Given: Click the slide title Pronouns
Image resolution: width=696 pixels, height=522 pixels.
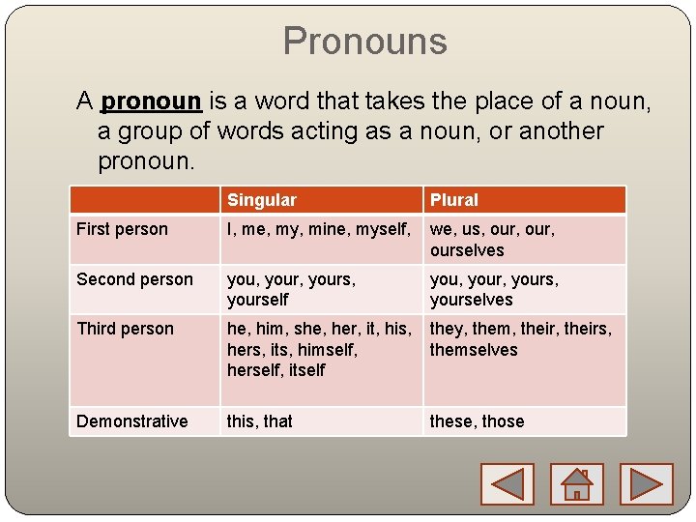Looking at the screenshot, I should [364, 42].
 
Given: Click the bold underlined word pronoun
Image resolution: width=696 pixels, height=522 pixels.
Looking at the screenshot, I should [151, 101].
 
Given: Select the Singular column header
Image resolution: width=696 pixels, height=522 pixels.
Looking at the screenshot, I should [261, 200].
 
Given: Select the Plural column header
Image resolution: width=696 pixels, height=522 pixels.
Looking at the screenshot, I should [453, 200].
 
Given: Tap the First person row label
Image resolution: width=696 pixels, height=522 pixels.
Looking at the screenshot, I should [122, 229].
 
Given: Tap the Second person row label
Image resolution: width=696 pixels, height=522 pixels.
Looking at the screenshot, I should [134, 279].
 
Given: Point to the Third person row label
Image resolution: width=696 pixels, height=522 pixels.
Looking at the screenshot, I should [125, 329].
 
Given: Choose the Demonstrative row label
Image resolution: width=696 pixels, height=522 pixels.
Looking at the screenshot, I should [131, 421].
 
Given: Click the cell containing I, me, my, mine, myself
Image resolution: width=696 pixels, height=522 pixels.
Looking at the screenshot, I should [319, 230].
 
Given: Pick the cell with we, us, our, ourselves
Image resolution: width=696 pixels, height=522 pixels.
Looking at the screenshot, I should [492, 240].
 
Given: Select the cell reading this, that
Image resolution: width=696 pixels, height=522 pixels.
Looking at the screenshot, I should [259, 421].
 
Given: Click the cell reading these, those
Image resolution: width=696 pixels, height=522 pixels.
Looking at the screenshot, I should [477, 421].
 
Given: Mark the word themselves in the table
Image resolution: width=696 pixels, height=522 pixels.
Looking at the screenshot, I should [474, 350].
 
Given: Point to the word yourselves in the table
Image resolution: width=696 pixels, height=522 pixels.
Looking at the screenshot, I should [471, 300].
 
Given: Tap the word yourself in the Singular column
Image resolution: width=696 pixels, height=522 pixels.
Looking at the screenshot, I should [257, 300].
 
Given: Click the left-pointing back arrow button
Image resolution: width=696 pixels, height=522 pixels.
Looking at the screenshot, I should [507, 483].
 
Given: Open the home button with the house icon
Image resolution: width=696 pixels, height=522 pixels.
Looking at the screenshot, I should [576, 483].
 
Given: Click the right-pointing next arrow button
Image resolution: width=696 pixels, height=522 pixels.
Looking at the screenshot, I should [645, 483].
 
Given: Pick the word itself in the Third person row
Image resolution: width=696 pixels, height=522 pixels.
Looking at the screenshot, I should [305, 370].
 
